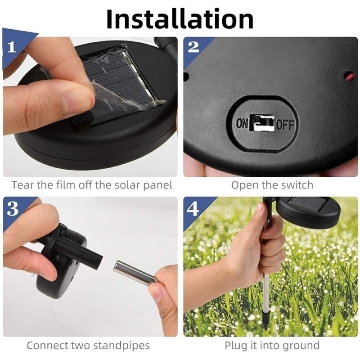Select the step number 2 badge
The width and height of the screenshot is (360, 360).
(x=193, y=47)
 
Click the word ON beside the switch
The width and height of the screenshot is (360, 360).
(x=242, y=123)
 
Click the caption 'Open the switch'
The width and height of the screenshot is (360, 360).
(x=272, y=185)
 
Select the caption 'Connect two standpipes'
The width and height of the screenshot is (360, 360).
(x=88, y=346)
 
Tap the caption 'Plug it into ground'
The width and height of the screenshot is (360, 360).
(x=272, y=346)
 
